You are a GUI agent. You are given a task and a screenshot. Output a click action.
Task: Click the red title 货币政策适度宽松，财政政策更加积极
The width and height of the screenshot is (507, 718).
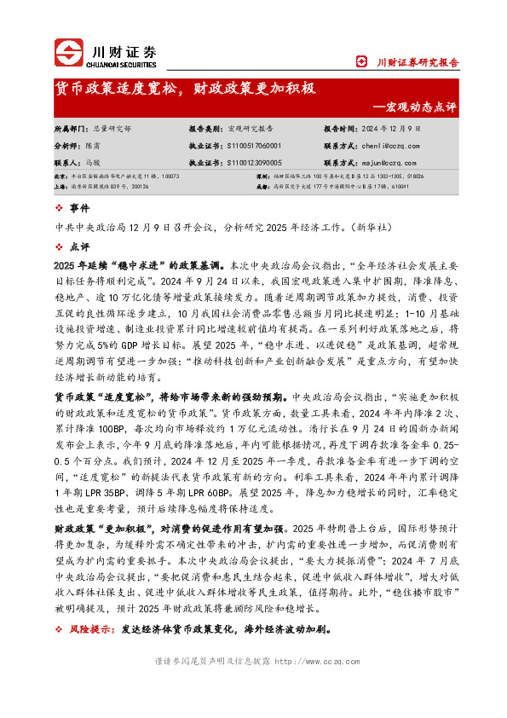186,88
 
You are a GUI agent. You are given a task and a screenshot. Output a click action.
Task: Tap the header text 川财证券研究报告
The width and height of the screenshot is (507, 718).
418,61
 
